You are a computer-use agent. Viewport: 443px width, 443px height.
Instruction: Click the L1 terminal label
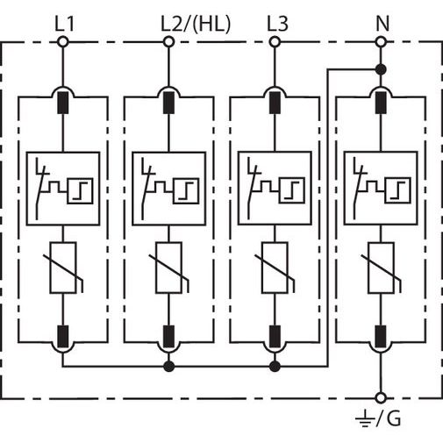point(65,24)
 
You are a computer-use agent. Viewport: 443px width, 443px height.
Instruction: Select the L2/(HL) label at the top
point(196,24)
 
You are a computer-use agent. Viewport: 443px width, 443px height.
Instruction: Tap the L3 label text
point(277,24)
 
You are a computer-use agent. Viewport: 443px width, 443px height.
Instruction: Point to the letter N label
point(382,24)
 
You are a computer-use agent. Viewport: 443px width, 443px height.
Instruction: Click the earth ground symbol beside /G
point(366,418)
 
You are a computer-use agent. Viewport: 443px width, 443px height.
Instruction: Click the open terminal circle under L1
point(62,42)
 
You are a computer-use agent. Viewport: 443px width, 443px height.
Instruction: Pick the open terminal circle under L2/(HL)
point(168,42)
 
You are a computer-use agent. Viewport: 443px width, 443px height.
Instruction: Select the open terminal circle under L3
point(275,42)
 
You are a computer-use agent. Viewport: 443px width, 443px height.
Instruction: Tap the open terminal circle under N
point(381,42)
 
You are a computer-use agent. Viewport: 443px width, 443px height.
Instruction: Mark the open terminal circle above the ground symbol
point(381,398)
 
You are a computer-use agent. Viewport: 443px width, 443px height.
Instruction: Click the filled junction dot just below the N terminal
point(381,69)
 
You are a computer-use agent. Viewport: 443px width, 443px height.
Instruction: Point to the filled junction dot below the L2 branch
point(168,366)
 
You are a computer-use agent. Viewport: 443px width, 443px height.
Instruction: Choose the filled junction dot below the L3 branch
point(275,366)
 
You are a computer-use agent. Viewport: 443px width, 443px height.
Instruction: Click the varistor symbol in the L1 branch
point(63,268)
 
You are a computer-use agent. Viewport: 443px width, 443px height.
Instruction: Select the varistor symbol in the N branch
point(381,268)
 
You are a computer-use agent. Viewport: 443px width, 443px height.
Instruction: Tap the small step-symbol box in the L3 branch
point(292,190)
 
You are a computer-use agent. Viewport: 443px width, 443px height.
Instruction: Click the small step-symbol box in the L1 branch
point(80,190)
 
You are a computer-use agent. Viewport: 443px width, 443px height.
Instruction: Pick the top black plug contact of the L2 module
point(168,103)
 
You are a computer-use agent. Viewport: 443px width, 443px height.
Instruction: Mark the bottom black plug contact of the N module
point(381,336)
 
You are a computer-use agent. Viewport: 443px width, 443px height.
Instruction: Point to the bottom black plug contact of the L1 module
point(62,336)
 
